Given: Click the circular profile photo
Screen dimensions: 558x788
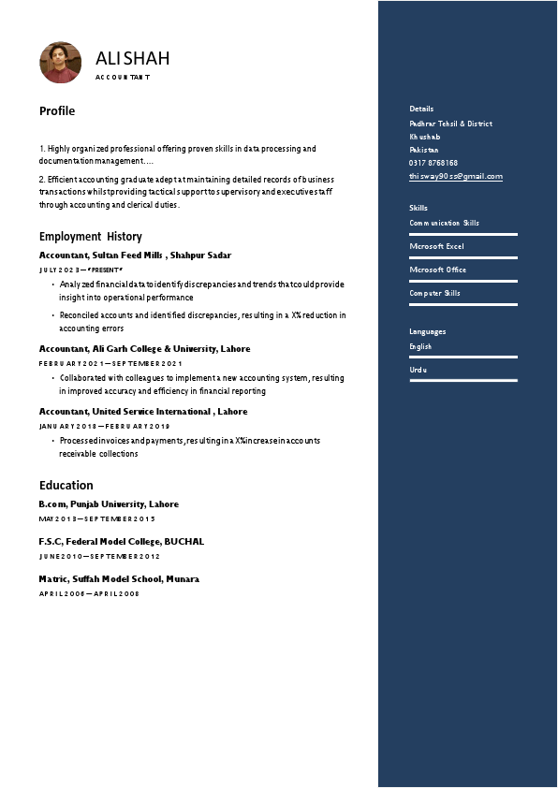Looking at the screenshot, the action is tap(60, 62).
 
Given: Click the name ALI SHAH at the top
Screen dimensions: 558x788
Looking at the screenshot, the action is tap(133, 59).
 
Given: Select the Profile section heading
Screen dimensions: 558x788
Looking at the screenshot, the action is tap(57, 111).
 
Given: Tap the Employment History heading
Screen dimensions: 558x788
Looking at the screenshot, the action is tap(91, 237).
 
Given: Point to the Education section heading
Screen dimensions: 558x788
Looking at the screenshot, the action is tap(66, 486).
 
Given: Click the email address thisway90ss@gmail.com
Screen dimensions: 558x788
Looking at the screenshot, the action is tap(456, 176).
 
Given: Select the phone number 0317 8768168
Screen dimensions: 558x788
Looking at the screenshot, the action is tap(433, 163).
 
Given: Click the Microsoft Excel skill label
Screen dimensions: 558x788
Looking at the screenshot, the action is tap(436, 246).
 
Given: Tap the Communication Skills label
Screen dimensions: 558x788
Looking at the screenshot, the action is tap(444, 223).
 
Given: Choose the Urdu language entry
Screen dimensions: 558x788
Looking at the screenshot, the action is tap(418, 370).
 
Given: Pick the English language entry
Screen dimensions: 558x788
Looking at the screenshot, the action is tap(420, 346).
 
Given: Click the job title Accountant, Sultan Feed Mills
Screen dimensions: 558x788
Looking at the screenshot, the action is tap(135, 255).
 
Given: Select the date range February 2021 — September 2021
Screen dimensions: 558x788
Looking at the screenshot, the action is tap(110, 363).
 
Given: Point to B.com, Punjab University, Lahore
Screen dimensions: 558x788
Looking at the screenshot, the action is tap(109, 504).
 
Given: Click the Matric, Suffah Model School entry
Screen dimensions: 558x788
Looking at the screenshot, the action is tap(119, 579).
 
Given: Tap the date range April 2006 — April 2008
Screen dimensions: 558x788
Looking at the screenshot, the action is tap(89, 593).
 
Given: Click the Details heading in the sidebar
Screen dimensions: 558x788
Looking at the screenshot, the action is tap(421, 109).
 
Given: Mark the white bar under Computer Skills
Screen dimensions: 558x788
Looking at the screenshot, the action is tap(463, 304).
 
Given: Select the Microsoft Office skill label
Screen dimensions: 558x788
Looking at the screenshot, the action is tap(437, 270).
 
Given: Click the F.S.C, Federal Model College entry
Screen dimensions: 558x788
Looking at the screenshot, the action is tap(121, 542).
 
